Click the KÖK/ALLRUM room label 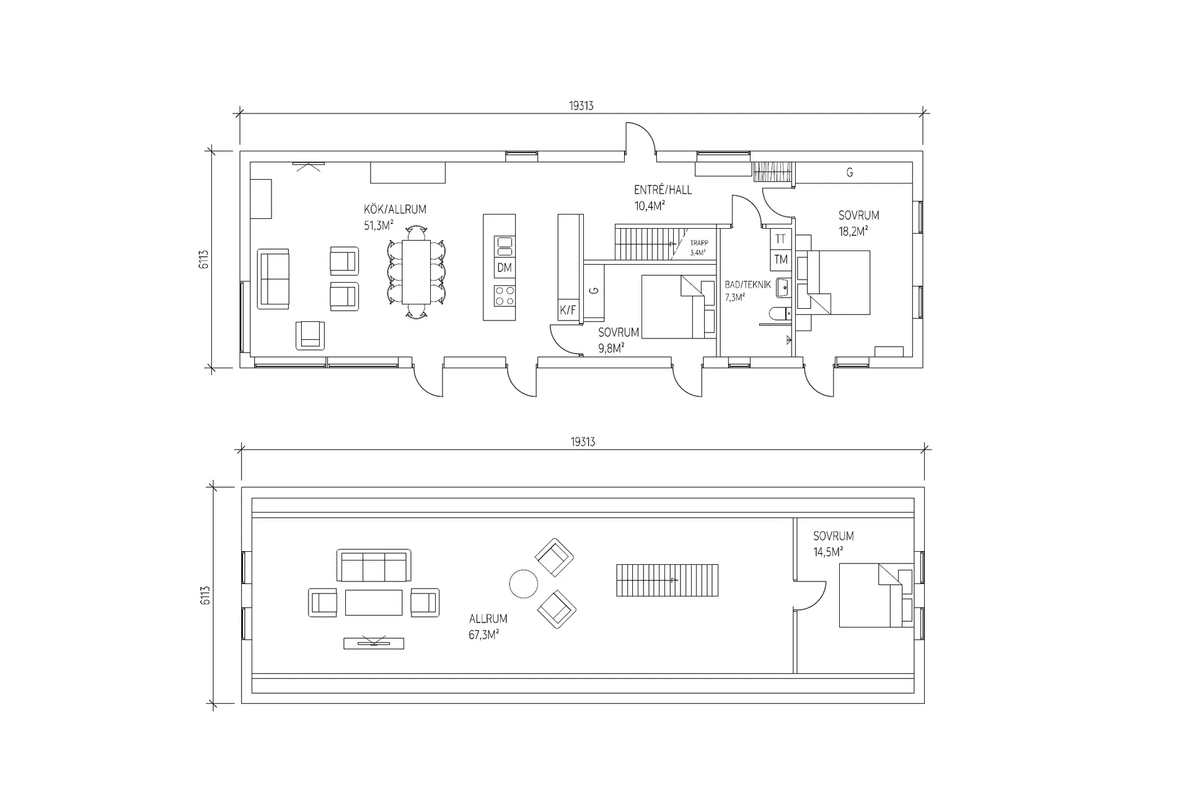tap(395, 210)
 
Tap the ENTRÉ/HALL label tap(663, 190)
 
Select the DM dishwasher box tap(505, 267)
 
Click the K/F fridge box tap(568, 311)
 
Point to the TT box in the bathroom tap(780, 239)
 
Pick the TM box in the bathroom tap(780, 260)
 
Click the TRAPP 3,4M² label tap(699, 248)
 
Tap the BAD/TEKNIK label tap(747, 285)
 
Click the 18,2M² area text tap(853, 232)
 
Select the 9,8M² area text tap(610, 348)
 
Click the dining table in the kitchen tap(416, 272)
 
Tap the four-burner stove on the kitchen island tap(505, 295)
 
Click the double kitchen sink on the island tap(505, 246)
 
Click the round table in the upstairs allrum tap(523, 583)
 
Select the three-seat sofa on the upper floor tap(374, 565)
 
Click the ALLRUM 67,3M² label tap(487, 626)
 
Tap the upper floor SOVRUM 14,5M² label tap(833, 543)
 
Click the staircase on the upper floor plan tap(667, 580)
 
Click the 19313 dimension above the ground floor tap(581, 106)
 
